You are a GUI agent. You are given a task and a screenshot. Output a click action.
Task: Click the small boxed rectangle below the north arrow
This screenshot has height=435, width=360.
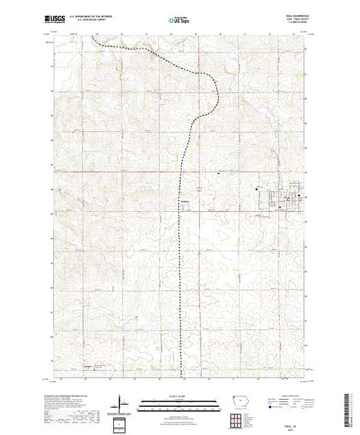point(121,421)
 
